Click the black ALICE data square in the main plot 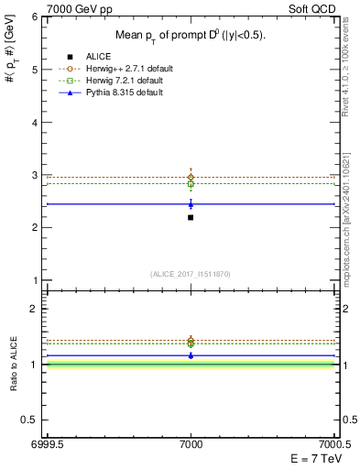191,217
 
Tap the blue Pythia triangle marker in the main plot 191,204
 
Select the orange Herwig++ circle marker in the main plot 191,177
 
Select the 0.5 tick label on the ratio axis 30,420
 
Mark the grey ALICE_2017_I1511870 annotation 191,274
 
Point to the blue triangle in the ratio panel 191,354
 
